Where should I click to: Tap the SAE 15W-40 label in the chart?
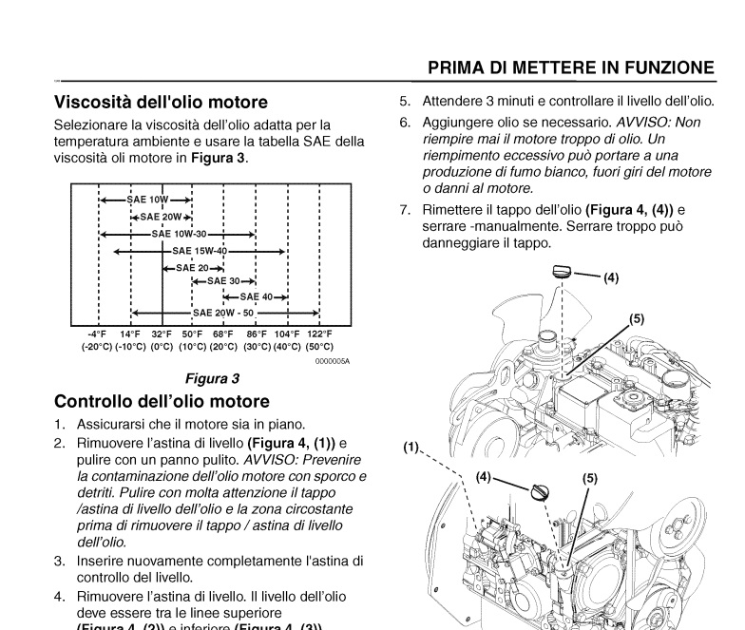199,251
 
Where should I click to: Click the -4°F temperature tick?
98,334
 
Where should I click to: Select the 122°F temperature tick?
319,334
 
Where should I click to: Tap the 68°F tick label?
223,334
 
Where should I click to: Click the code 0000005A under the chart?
333,361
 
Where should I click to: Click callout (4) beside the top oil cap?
610,278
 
